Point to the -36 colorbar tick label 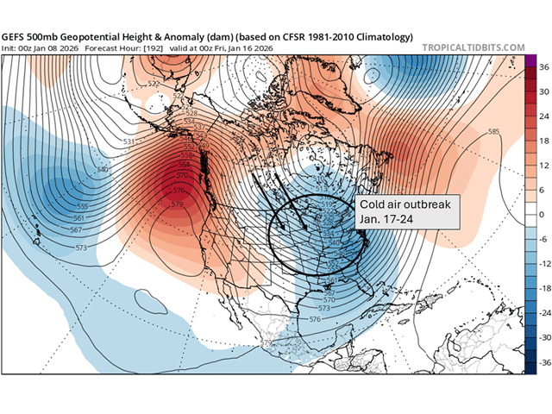click(541, 364)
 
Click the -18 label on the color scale click(541, 289)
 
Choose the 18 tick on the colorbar click(541, 139)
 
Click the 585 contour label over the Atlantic click(493, 132)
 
